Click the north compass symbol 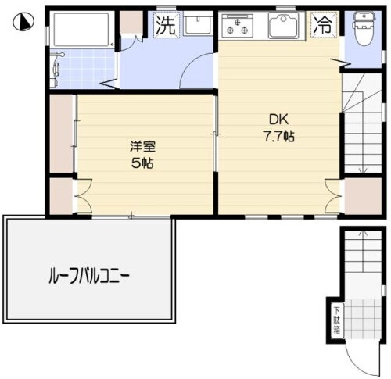click(25, 23)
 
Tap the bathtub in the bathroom click(81, 30)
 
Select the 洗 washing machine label click(165, 24)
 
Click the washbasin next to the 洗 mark click(197, 24)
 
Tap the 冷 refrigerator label click(322, 24)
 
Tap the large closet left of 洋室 click(62, 133)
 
